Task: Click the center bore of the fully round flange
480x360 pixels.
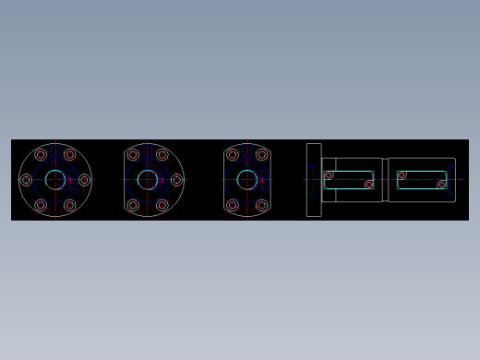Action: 55,180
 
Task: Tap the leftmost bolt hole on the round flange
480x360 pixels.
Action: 26,180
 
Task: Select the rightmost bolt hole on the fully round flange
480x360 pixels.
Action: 85,180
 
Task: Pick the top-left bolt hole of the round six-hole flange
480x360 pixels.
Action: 41,155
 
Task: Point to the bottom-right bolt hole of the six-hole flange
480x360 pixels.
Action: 70,205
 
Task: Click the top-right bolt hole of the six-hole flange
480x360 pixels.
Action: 70,155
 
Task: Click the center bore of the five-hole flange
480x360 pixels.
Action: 148,180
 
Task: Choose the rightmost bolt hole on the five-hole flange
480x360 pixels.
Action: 176,180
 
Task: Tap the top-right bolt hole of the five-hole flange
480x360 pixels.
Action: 162,155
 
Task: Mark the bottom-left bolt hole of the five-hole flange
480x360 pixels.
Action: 133,205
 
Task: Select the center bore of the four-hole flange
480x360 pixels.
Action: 247,180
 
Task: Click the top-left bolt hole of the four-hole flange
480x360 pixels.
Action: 233,155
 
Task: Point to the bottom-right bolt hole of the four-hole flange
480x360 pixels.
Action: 262,205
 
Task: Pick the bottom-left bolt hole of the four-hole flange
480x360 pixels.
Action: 233,205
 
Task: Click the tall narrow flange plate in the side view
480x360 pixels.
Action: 314,180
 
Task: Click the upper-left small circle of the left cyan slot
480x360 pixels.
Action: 329,174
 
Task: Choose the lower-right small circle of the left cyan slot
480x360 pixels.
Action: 369,185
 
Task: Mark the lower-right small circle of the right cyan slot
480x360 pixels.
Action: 442,185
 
